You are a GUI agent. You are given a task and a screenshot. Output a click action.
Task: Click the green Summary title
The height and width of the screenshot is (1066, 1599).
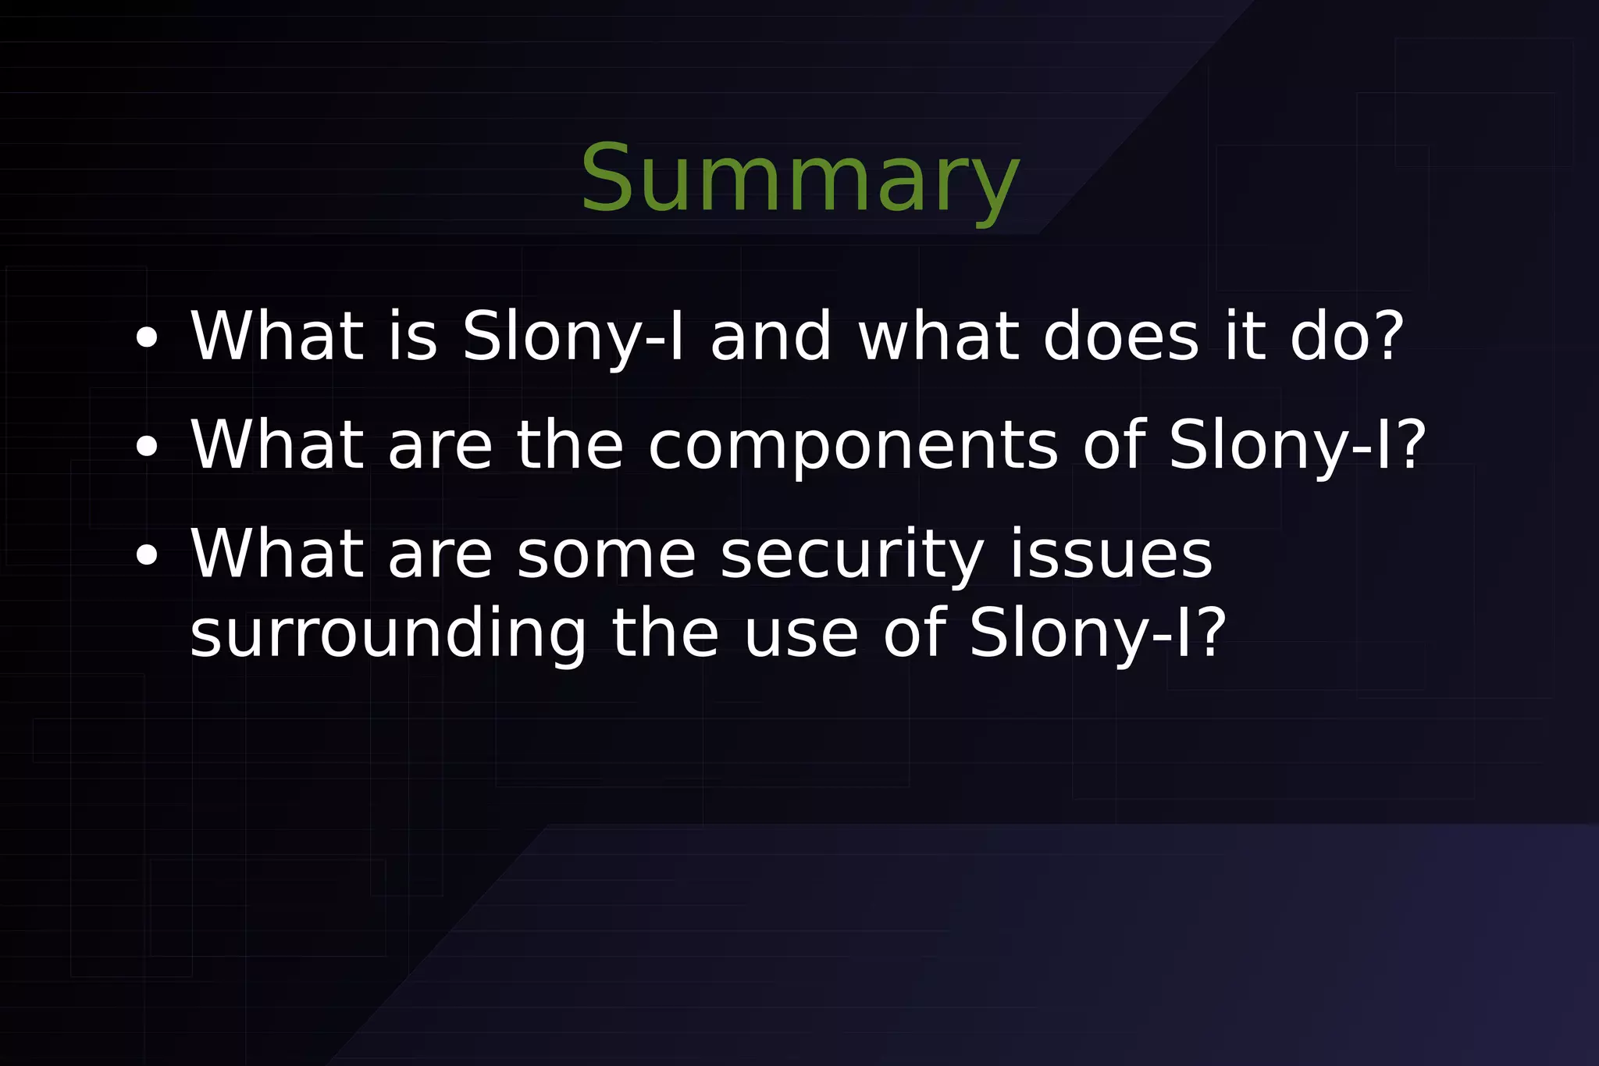[799, 180]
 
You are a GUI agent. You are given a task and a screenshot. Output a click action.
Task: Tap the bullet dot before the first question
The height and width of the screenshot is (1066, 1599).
[146, 338]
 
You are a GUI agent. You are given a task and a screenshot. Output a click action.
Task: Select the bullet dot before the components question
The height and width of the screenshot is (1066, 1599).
[146, 447]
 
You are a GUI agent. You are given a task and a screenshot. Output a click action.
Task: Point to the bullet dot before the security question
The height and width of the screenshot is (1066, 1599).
[146, 556]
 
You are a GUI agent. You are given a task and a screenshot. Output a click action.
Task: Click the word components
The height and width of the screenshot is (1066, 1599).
[853, 447]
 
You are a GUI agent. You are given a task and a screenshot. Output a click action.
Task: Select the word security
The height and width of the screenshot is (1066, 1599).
[851, 556]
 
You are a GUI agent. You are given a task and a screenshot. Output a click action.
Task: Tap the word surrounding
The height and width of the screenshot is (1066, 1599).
[388, 634]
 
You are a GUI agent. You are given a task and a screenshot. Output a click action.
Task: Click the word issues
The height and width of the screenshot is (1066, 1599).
[1111, 554]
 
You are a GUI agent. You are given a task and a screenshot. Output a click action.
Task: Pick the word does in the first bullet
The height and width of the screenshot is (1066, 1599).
[1120, 337]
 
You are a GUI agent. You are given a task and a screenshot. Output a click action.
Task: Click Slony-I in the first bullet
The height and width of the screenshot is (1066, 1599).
[573, 337]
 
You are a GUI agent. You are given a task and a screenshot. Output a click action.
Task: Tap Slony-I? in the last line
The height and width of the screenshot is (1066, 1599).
[1098, 634]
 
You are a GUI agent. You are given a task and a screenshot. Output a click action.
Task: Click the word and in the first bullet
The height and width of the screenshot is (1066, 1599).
[771, 337]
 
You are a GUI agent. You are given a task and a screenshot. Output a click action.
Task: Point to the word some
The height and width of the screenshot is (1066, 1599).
[606, 556]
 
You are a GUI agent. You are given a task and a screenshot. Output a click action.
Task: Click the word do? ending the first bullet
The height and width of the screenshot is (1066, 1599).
[1347, 337]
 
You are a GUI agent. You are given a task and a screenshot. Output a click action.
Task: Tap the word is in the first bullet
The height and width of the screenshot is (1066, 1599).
[413, 337]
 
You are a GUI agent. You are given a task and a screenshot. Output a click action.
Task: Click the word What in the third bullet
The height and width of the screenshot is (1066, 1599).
[277, 554]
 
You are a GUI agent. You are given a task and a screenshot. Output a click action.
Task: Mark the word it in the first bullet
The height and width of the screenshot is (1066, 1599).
[1245, 337]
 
